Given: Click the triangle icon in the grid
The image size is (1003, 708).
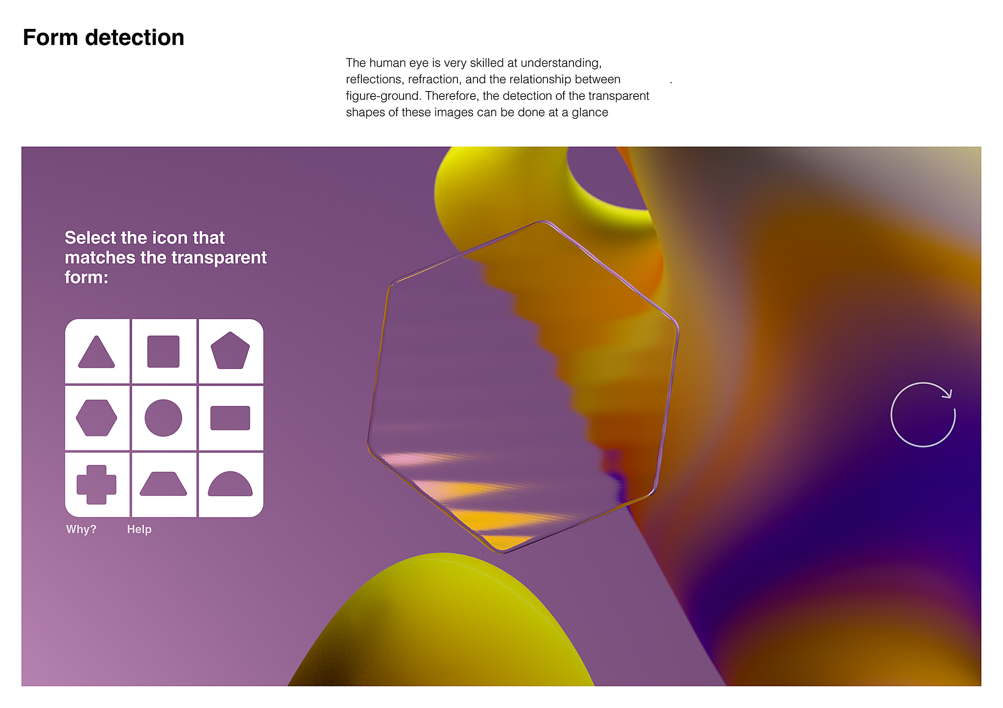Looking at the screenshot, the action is click(96, 352).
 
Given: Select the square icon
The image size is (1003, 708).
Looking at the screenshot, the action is click(164, 352).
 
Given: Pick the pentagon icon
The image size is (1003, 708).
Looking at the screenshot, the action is click(230, 351).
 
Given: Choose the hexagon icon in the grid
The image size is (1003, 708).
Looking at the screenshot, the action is click(96, 418).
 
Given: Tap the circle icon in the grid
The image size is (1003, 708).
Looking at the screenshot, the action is click(164, 418).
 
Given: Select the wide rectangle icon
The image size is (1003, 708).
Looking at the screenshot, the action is click(230, 418).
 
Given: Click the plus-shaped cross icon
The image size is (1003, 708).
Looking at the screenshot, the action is click(96, 485).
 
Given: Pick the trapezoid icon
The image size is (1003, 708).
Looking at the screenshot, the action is click(164, 484).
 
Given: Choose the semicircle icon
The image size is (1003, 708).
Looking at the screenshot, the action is click(230, 484).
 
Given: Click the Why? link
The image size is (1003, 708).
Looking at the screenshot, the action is click(81, 529).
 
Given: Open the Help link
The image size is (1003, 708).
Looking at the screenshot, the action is click(139, 529).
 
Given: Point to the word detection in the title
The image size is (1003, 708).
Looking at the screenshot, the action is click(135, 38).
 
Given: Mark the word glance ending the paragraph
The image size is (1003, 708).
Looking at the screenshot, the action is click(590, 113).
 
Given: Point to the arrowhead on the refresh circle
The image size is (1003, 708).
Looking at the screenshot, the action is click(947, 393).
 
